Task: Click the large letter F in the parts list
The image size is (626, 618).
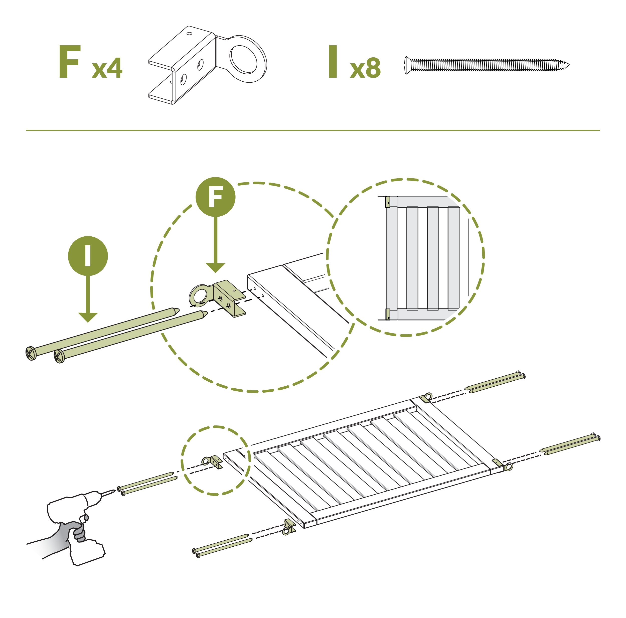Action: click(x=69, y=62)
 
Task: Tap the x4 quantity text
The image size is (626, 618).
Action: click(x=107, y=68)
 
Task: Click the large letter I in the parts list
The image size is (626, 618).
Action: click(x=333, y=62)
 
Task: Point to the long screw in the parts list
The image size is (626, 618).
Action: click(x=487, y=65)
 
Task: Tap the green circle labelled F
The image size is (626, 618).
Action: click(x=216, y=197)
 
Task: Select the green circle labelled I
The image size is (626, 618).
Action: click(x=88, y=256)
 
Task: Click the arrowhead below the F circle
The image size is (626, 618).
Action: click(x=216, y=268)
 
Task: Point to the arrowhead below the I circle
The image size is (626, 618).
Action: click(x=88, y=318)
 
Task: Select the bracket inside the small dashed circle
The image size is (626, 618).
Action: click(x=212, y=461)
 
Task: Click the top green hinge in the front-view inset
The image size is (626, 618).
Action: click(x=388, y=202)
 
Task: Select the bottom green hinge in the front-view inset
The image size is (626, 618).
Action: click(x=388, y=314)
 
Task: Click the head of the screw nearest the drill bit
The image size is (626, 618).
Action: click(x=119, y=488)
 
